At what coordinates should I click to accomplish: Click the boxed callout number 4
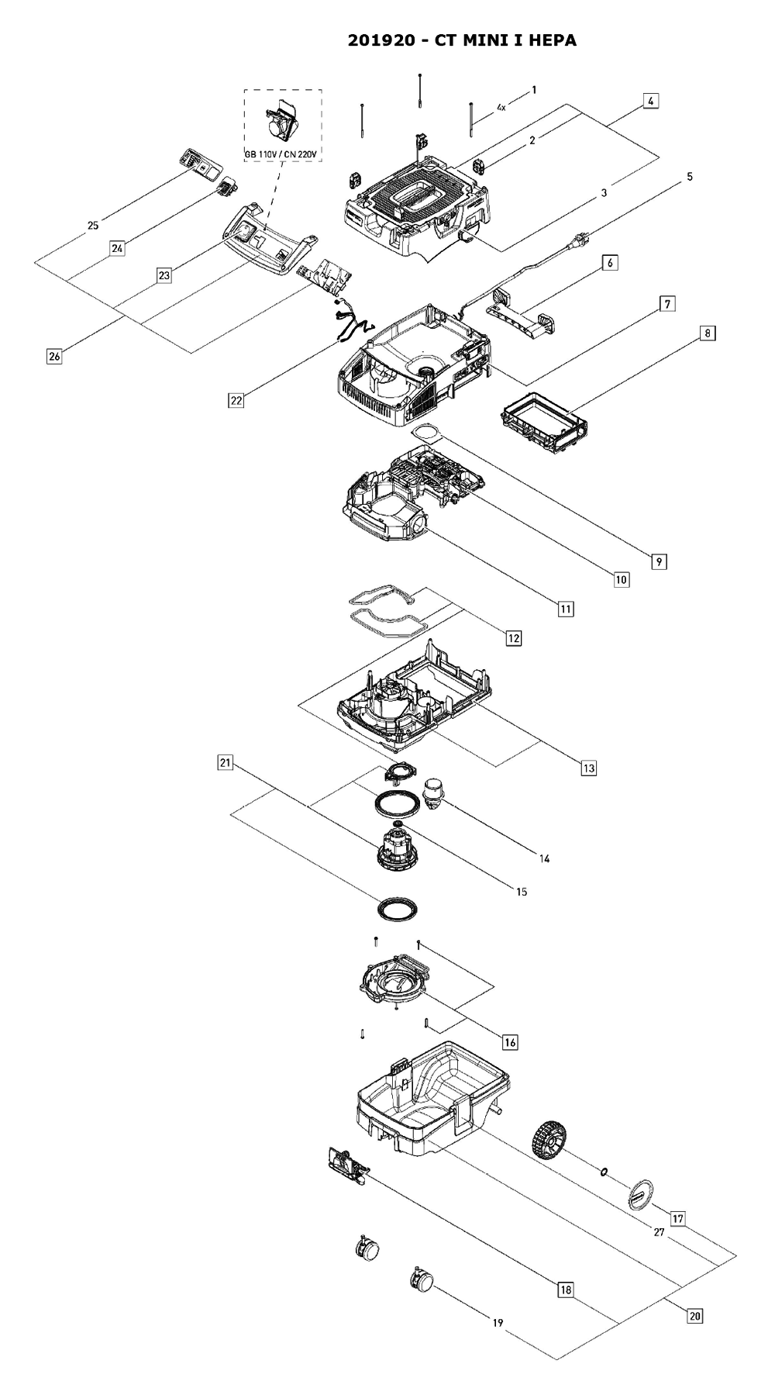[x=650, y=101]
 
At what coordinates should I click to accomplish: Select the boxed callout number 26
[x=54, y=357]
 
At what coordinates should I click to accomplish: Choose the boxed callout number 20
[x=694, y=1293]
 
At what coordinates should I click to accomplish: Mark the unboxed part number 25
[x=93, y=226]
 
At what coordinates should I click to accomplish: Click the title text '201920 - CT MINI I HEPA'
[x=462, y=40]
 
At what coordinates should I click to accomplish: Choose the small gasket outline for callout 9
[x=423, y=431]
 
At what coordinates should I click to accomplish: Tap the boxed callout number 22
[x=236, y=400]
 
